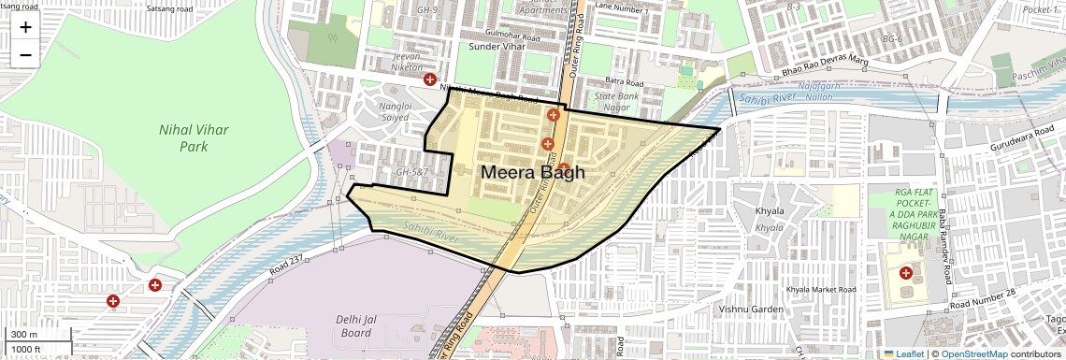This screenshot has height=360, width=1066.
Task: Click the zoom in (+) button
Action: tap(25, 27)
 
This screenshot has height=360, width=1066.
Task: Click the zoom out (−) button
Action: tap(25, 54)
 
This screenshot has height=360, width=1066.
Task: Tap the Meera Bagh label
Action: tap(532, 172)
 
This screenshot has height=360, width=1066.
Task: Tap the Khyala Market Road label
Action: tap(822, 290)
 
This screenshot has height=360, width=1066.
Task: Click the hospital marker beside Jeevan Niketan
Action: tap(429, 80)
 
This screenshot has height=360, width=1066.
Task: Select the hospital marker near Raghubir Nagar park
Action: tap(905, 273)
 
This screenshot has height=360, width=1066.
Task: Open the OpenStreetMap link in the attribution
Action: tap(974, 353)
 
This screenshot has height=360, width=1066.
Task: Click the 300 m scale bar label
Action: tap(24, 335)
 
